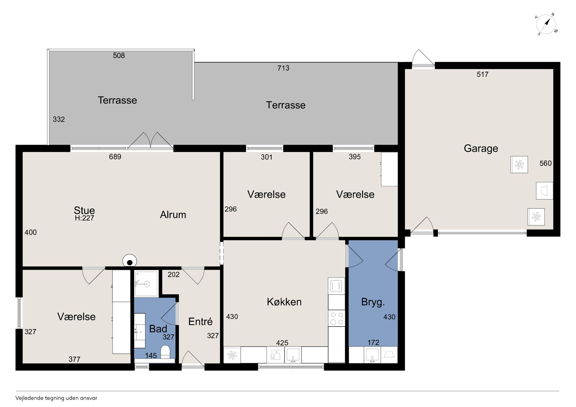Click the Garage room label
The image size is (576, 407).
tap(481, 148)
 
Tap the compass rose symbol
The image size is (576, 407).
tap(546, 24)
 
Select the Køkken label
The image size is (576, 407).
tap(284, 302)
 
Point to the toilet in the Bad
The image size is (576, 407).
tap(165, 352)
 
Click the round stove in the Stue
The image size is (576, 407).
tap(130, 261)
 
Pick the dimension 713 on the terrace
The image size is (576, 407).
tap(283, 68)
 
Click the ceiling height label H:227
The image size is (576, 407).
tap(84, 218)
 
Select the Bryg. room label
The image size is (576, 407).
tap(373, 302)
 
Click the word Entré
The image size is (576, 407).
tap(200, 322)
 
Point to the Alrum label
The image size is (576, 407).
tap(173, 215)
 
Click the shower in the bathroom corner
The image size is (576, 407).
tap(146, 283)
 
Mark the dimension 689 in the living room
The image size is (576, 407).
tap(115, 157)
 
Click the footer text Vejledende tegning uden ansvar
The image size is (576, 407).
tap(56, 398)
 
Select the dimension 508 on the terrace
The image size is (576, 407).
tap(119, 55)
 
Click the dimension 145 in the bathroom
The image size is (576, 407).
tap(151, 356)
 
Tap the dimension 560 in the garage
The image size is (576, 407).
tap(545, 163)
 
